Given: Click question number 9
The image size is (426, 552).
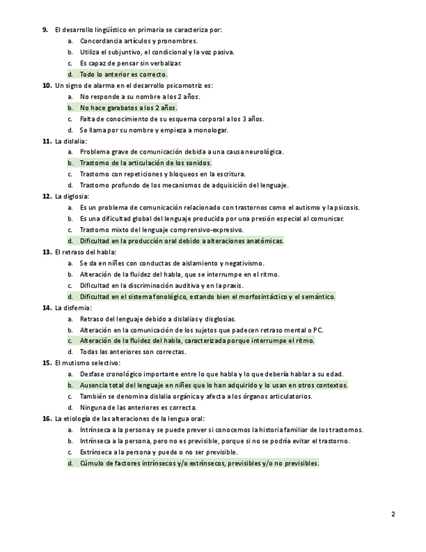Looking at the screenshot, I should tap(46, 29).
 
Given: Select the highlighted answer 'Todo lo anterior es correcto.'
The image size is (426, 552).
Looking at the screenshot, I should tap(124, 74).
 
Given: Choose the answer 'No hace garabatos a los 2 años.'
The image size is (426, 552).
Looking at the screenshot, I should tap(128, 107).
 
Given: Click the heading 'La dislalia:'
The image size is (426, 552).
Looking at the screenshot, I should tap(72, 141).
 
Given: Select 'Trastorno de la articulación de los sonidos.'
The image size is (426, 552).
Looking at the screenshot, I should tap(146, 163).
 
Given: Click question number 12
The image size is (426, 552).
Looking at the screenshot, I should tap(47, 196).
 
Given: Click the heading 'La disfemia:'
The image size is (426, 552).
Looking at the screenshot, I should tap(73, 307).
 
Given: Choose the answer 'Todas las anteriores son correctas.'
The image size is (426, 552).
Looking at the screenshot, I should tap(133, 352).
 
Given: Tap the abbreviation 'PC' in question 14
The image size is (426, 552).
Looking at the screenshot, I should tap(318, 330).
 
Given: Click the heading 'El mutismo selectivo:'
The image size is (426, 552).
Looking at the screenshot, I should tap(88, 363).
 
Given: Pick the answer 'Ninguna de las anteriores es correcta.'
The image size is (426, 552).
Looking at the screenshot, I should tap(138, 407).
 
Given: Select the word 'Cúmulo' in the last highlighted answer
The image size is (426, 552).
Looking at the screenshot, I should tap(92, 463).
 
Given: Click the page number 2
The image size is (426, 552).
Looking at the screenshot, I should tap(393, 514).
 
